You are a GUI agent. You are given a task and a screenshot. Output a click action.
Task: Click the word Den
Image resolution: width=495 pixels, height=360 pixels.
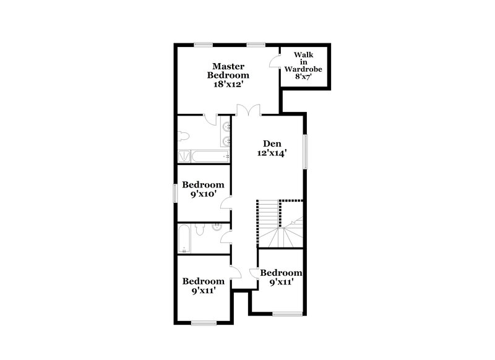coord(272,144)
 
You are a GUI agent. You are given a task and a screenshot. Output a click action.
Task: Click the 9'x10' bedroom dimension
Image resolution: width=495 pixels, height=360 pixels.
coord(202,194)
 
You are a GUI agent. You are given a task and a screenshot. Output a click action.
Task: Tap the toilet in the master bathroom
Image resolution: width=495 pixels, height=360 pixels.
coord(183,137)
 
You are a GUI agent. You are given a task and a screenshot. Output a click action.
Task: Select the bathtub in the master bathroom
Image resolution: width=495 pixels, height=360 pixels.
coord(203,155)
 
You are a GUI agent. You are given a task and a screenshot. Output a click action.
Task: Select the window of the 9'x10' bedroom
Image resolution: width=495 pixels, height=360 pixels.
coord(176,193)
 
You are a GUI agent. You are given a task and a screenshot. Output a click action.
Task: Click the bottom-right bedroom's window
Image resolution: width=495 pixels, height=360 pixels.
coord(285,314)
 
